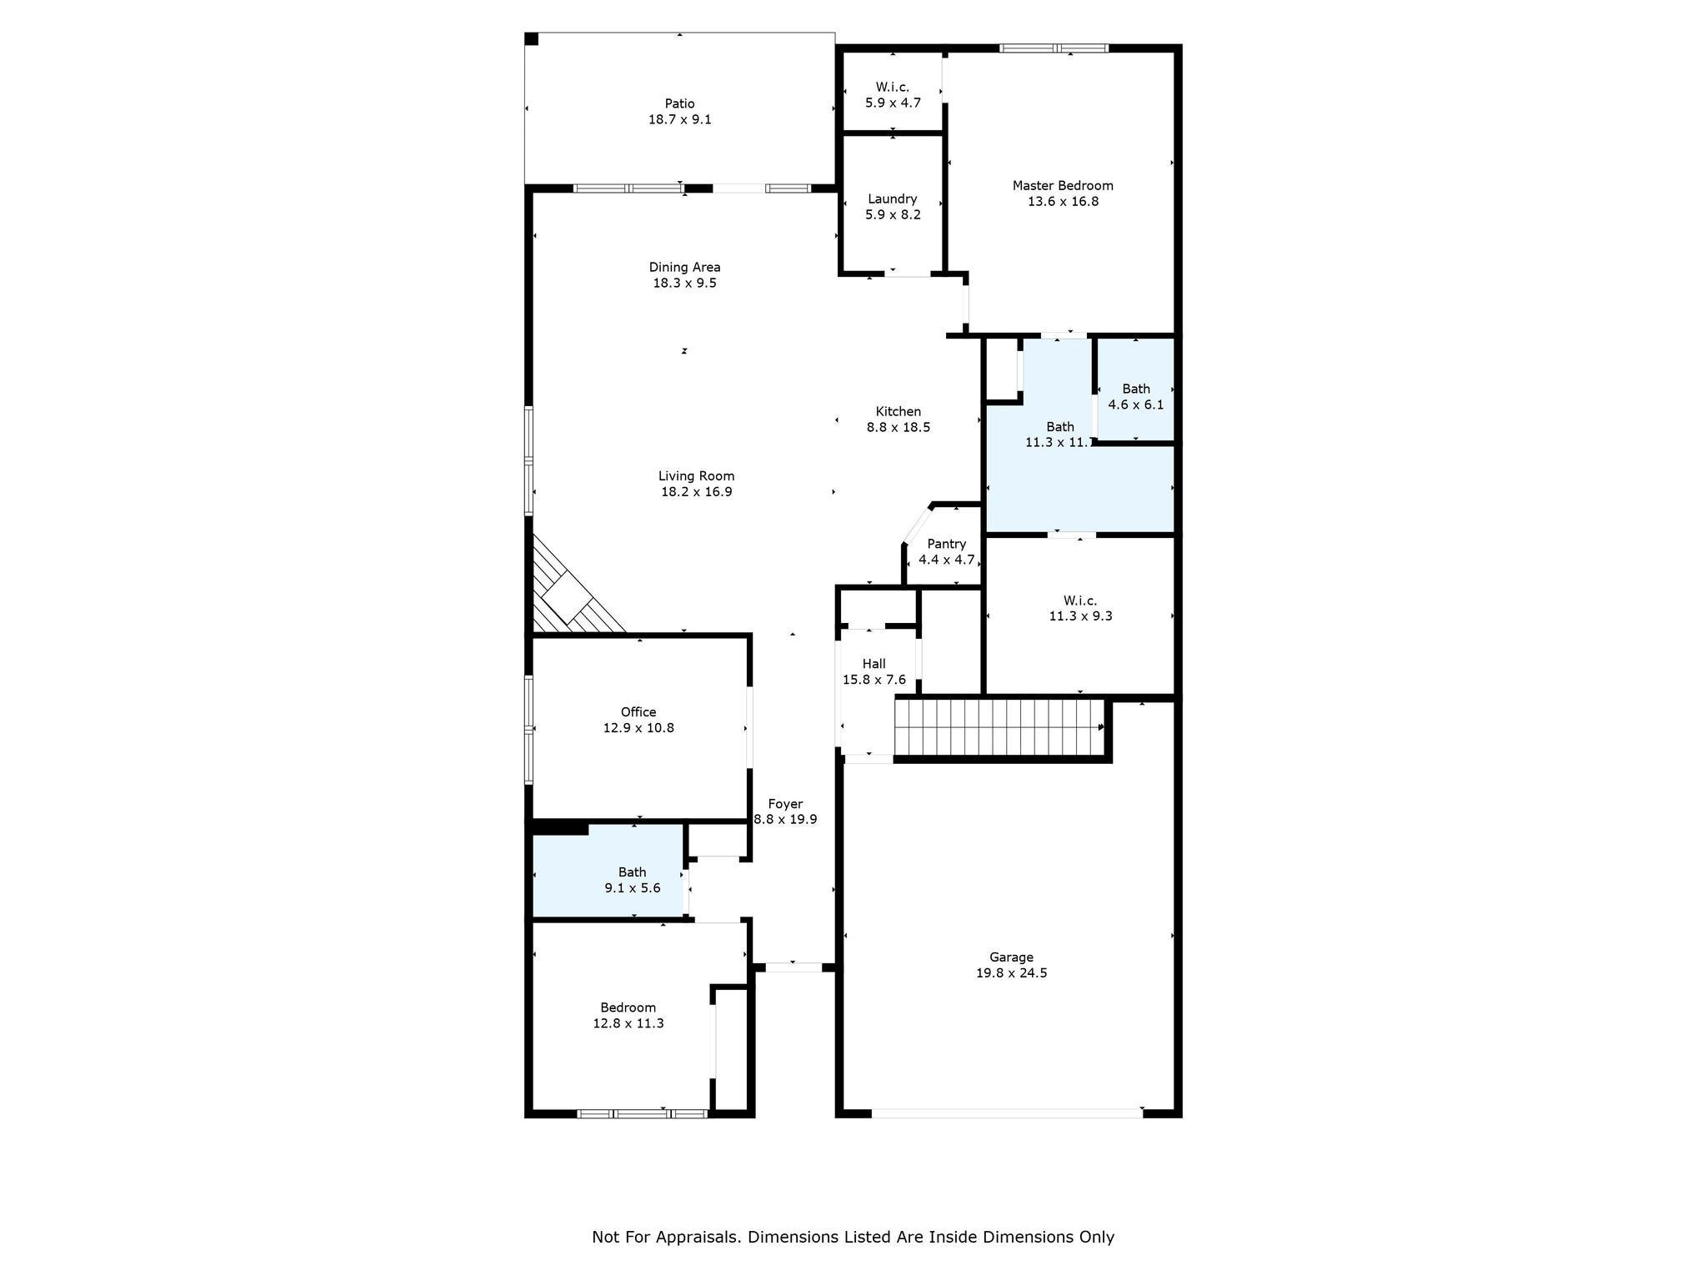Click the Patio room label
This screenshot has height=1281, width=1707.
(x=679, y=103)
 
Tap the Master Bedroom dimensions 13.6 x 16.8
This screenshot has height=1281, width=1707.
(x=1063, y=201)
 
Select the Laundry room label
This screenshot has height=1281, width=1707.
(x=892, y=198)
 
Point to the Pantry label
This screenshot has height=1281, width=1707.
(x=946, y=544)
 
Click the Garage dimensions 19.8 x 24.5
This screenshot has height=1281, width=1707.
(x=1011, y=972)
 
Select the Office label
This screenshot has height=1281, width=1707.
(x=638, y=711)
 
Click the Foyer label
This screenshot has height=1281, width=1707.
(x=785, y=804)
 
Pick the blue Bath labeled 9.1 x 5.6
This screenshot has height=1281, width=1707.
(x=632, y=880)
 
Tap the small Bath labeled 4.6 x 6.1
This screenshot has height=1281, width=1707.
(x=1135, y=395)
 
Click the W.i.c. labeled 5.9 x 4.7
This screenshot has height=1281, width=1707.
(x=892, y=94)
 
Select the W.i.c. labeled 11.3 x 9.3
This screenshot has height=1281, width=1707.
(x=1080, y=608)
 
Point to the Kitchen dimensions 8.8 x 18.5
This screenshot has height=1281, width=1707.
(x=898, y=427)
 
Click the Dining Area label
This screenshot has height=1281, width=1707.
(x=684, y=267)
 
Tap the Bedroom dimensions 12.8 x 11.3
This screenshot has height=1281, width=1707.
(x=628, y=1023)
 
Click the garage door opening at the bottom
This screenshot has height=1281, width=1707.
(x=1007, y=1113)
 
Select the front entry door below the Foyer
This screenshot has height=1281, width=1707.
(x=793, y=967)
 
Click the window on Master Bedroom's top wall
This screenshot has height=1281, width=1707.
(x=1054, y=48)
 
